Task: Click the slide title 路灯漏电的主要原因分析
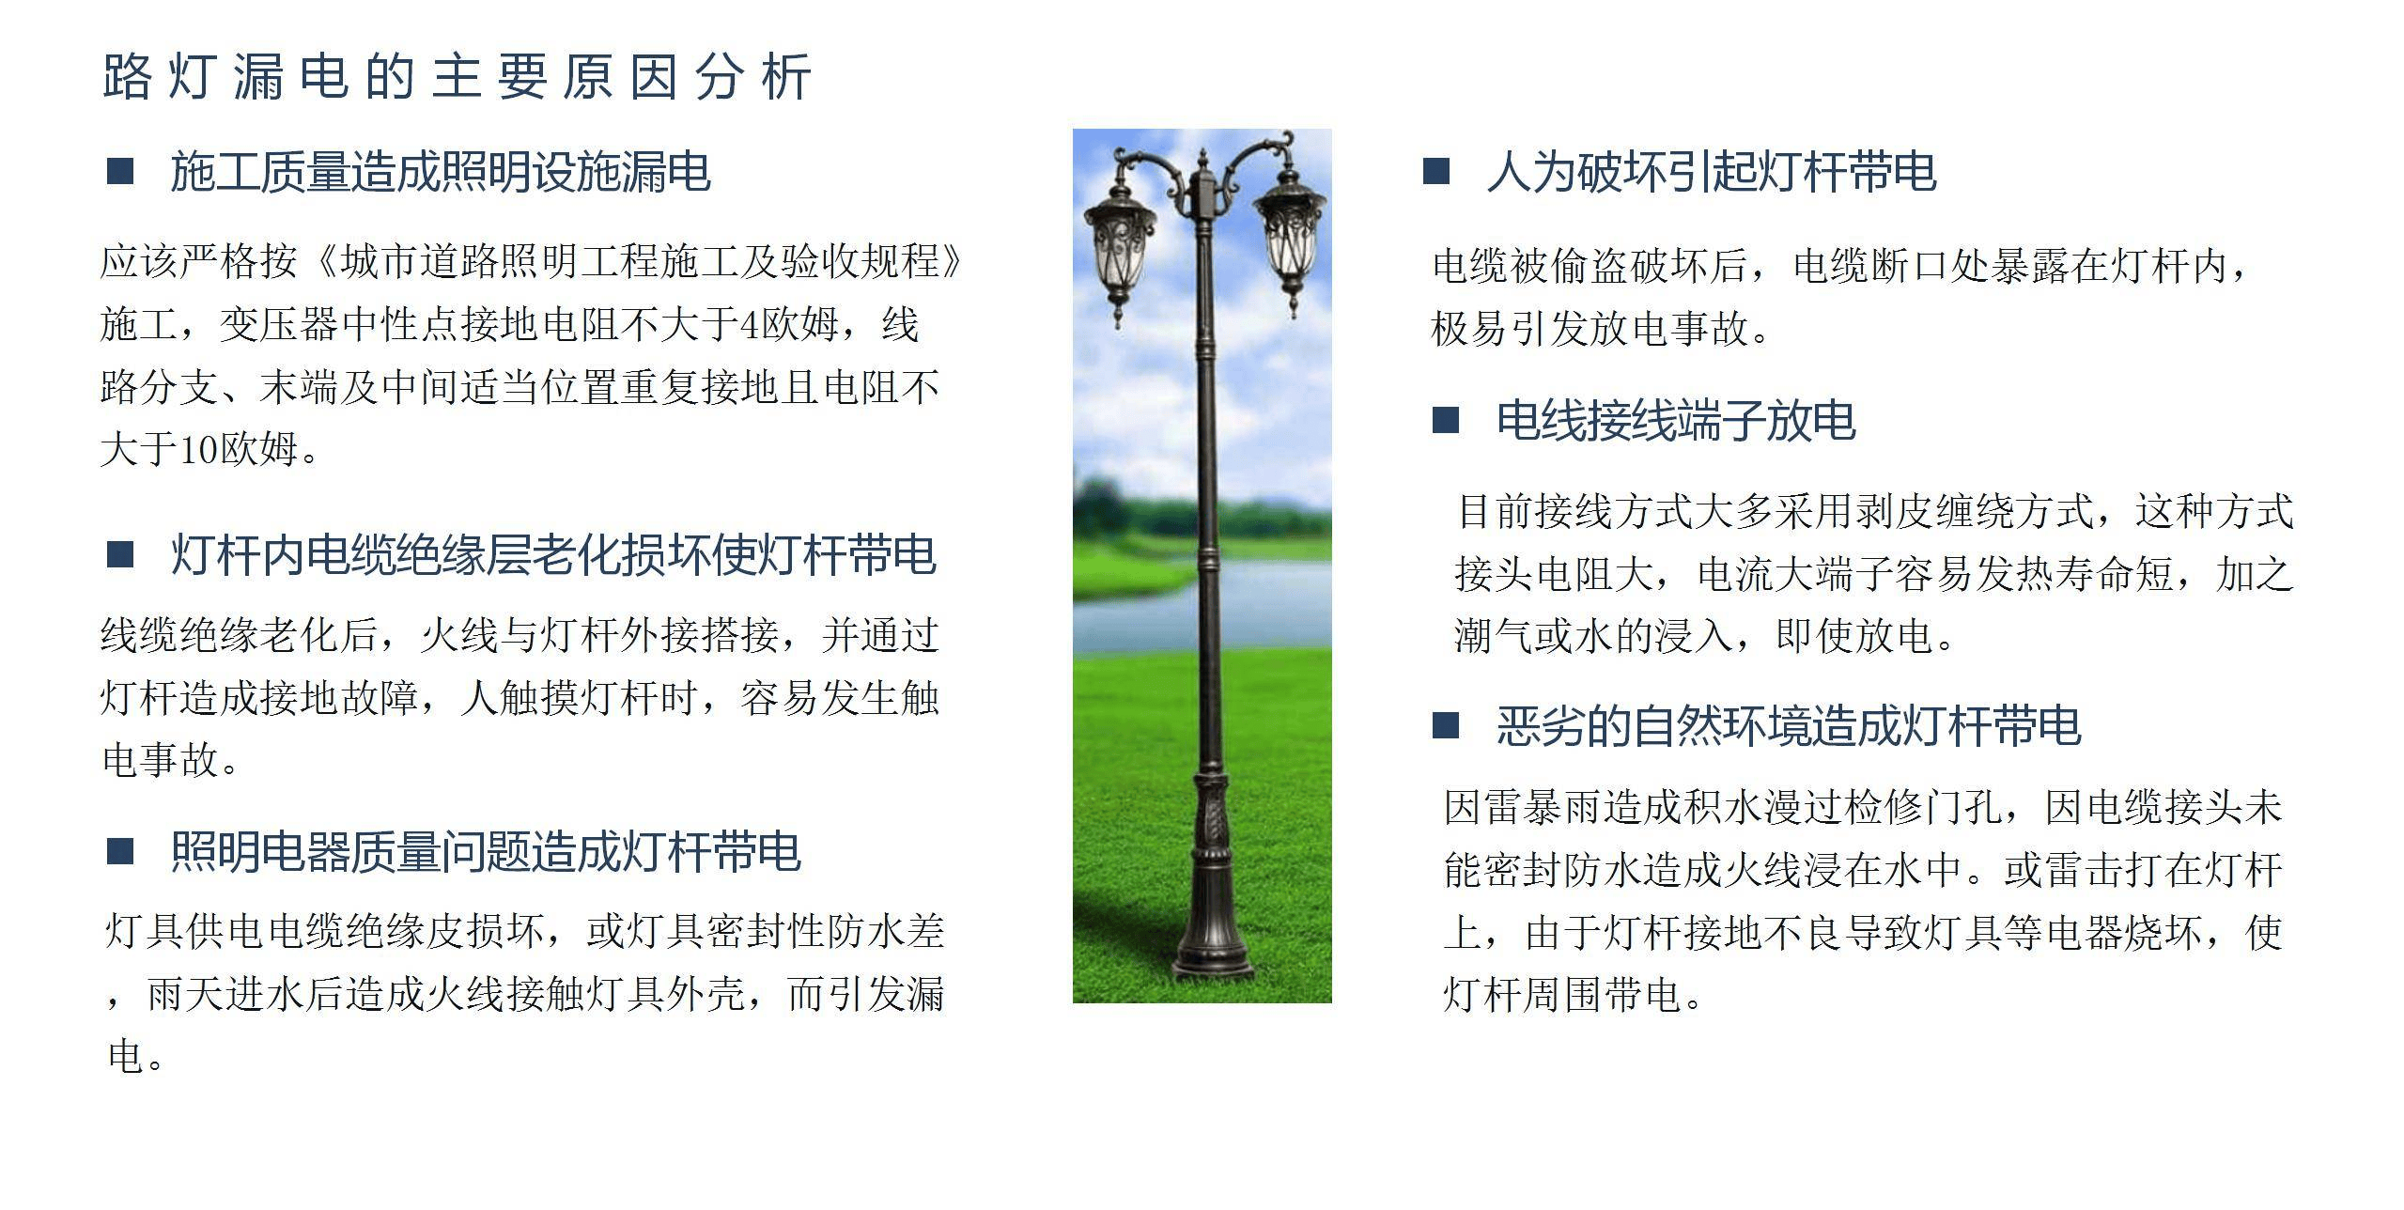pos(457,77)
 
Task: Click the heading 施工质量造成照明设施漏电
pos(441,173)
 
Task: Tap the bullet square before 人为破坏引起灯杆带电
pos(1437,172)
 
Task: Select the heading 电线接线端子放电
pos(1676,420)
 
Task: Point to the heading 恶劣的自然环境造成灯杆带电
pos(1789,726)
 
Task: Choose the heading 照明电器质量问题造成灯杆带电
pos(485,852)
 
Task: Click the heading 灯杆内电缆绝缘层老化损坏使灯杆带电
pos(553,555)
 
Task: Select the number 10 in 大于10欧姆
pos(200,450)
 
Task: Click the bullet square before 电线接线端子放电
pos(1446,420)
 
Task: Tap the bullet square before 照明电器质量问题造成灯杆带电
pos(120,852)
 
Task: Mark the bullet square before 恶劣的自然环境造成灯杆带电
pos(1446,726)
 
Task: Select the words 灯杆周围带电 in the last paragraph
pos(1562,995)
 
